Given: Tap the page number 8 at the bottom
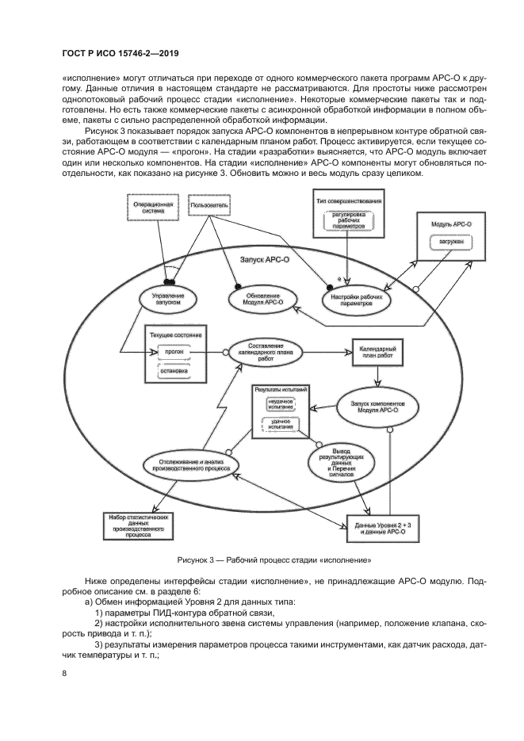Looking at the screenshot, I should pos(64,674).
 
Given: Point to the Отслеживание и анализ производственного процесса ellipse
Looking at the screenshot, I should pos(189,464).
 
